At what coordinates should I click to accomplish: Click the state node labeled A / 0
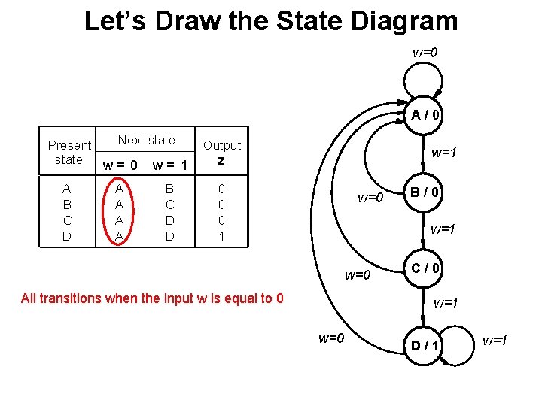click(x=425, y=115)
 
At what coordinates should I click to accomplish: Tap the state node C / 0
click(x=425, y=268)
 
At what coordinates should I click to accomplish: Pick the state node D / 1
click(x=425, y=345)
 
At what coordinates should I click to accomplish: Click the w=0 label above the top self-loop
click(x=425, y=53)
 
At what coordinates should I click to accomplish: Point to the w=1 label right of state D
click(x=495, y=341)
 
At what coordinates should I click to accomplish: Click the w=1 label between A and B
click(x=443, y=153)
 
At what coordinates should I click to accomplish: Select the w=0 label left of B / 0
click(x=370, y=198)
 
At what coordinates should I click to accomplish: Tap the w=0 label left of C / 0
click(x=358, y=274)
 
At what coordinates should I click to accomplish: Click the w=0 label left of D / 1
click(x=331, y=338)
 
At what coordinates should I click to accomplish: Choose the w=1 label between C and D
click(x=446, y=303)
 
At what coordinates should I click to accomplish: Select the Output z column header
click(x=222, y=153)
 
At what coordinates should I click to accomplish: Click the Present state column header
click(x=69, y=152)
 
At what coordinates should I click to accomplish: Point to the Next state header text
click(x=146, y=140)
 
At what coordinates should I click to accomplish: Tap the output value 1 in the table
click(x=221, y=236)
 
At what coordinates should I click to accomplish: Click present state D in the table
click(x=67, y=236)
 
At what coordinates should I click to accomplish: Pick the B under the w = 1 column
click(x=169, y=189)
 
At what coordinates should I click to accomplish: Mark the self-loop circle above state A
click(x=425, y=80)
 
